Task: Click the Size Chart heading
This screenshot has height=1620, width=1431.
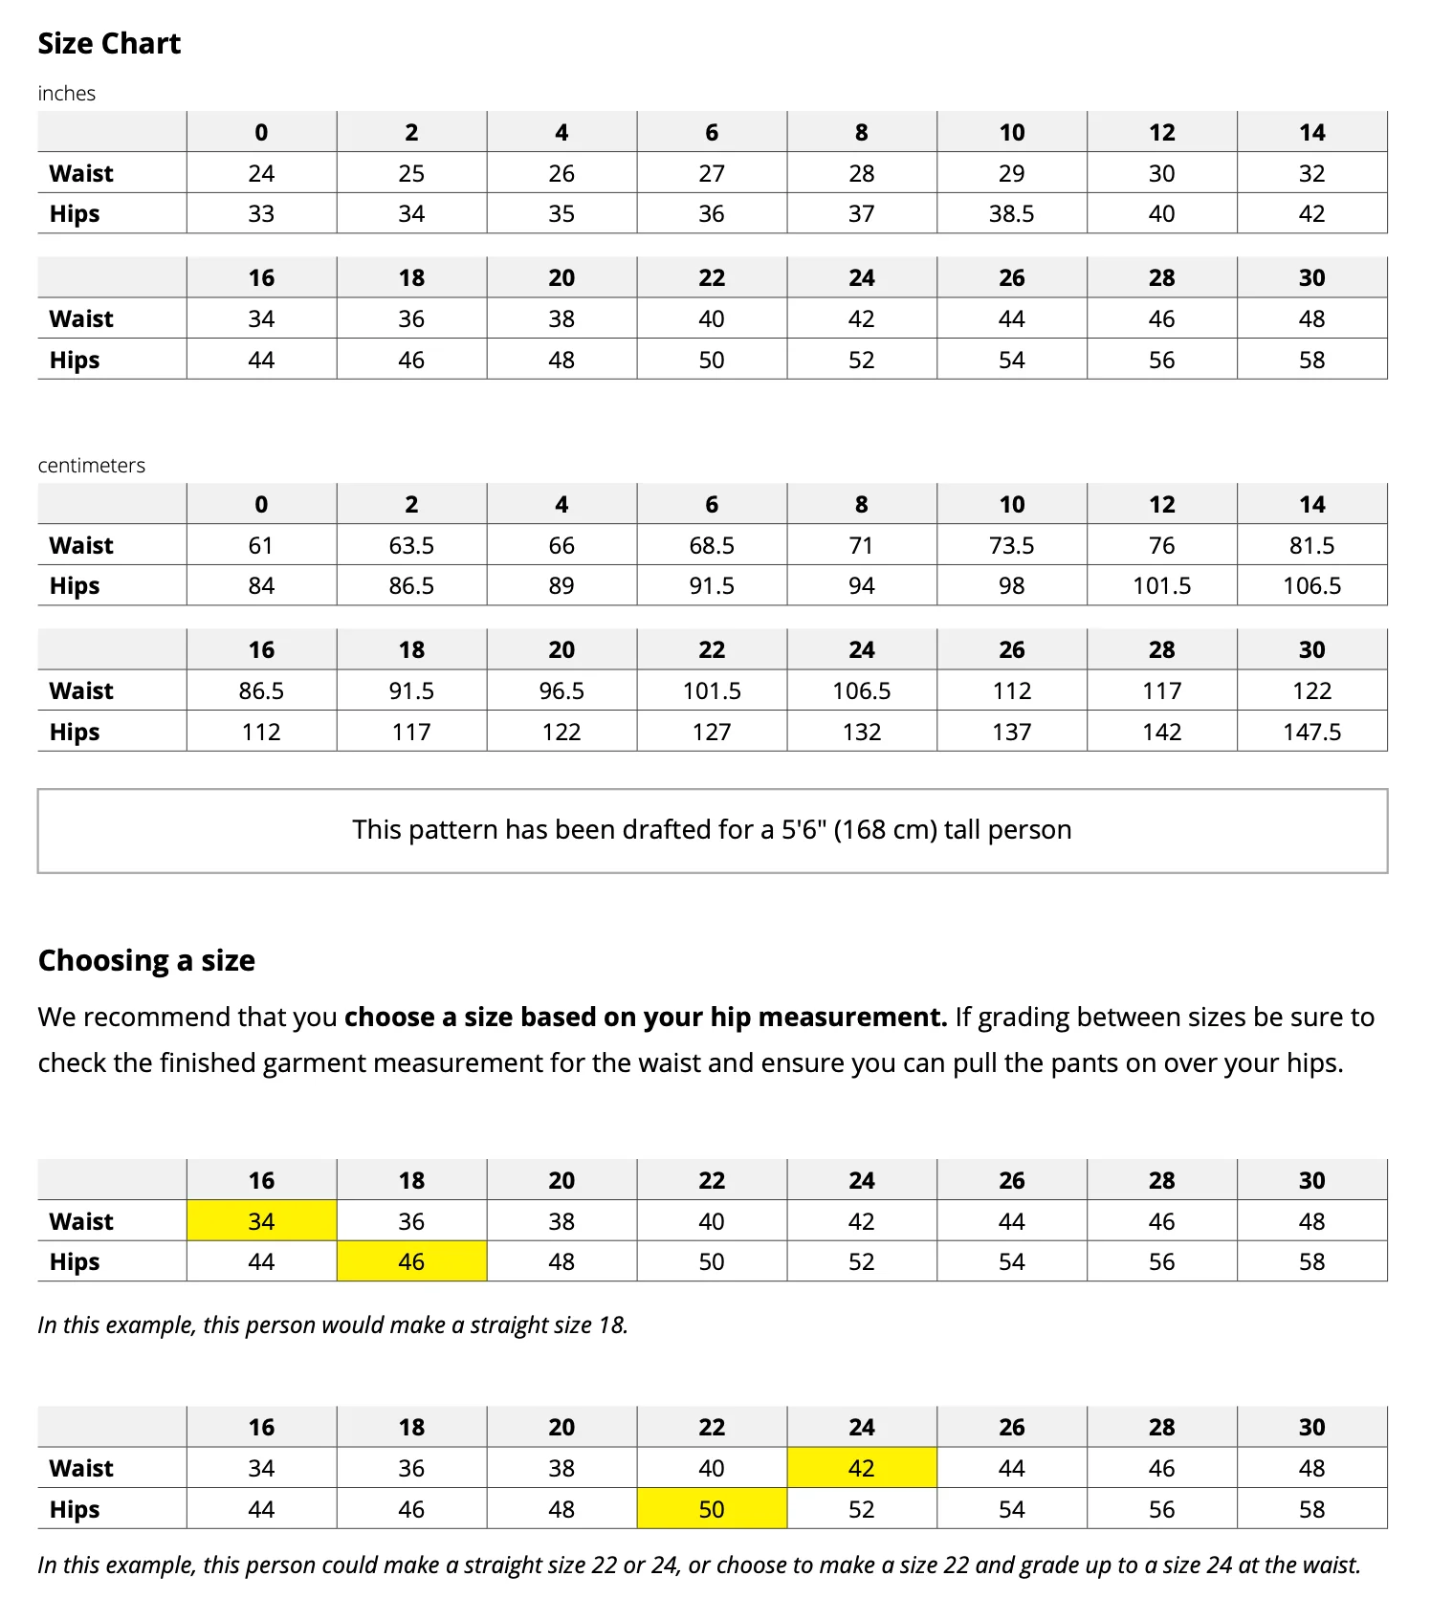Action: click(109, 44)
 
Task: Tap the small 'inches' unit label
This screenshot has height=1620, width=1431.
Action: click(67, 94)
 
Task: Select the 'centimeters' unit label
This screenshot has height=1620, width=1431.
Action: click(92, 466)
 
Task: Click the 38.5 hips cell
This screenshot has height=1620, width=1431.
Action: click(1011, 214)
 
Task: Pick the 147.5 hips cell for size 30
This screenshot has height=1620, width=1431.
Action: click(1311, 733)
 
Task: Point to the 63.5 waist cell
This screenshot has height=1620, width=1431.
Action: click(411, 546)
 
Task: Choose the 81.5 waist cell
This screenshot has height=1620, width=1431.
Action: click(1311, 546)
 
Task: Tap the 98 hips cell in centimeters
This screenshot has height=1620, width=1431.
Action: click(1011, 586)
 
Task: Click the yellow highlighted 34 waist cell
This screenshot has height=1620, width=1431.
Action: click(261, 1222)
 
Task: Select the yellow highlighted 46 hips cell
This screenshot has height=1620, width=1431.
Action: click(411, 1262)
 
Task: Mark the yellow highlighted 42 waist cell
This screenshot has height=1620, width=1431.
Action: click(861, 1469)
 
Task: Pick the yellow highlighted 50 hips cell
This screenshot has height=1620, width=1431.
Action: click(712, 1510)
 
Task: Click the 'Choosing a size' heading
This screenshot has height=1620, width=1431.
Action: click(146, 961)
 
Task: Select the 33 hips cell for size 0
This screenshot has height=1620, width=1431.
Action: click(261, 214)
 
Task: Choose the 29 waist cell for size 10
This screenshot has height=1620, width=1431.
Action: click(1011, 174)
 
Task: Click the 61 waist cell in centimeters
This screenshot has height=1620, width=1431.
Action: click(261, 546)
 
